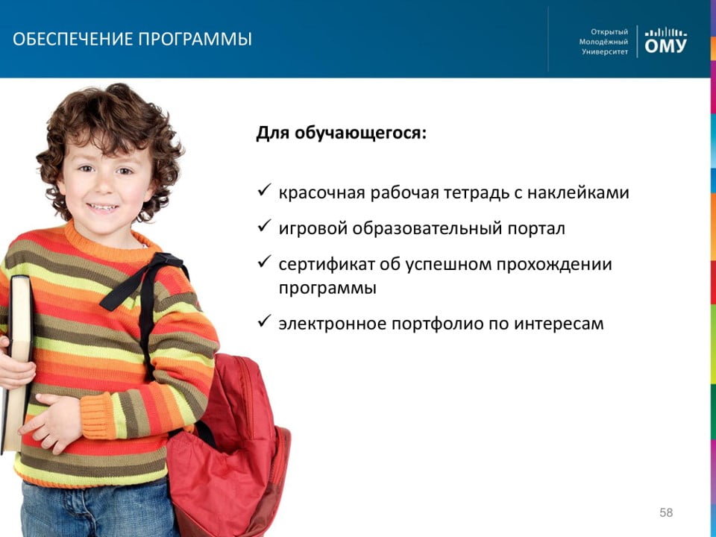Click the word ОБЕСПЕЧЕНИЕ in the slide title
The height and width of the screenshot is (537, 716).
click(x=73, y=40)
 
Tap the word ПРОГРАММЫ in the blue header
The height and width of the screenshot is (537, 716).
click(x=195, y=40)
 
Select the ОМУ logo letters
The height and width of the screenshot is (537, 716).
click(x=665, y=45)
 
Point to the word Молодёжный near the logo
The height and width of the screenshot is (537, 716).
click(x=603, y=42)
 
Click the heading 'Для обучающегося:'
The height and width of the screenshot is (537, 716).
click(x=341, y=133)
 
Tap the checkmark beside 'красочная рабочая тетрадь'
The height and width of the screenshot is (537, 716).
click(x=264, y=190)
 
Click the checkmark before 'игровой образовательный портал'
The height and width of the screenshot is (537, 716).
click(x=264, y=225)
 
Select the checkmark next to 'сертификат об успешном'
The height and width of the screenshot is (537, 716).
click(x=264, y=261)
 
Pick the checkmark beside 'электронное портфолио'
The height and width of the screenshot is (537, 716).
click(x=264, y=321)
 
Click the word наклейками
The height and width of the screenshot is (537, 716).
click(x=578, y=192)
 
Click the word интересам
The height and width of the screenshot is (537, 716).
click(x=559, y=324)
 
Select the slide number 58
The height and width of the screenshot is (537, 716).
click(x=666, y=512)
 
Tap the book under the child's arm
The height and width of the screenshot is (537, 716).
click(x=17, y=361)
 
